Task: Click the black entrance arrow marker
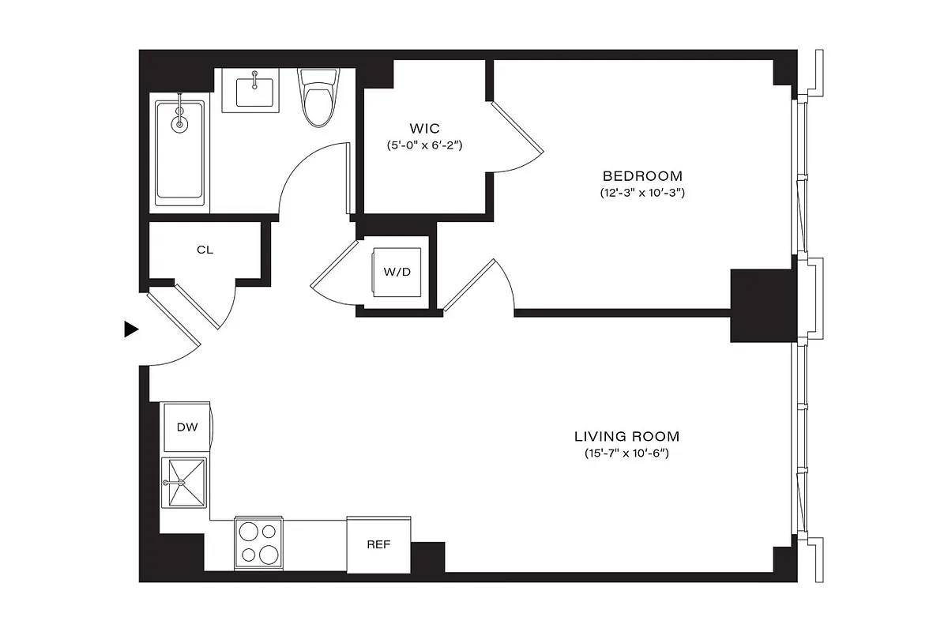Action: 131,329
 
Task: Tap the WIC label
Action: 424,128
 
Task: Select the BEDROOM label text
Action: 641,175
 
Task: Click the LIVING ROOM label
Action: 626,436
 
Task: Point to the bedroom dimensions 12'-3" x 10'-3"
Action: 641,193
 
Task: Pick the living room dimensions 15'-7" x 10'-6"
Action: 626,453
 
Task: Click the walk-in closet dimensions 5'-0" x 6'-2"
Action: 424,145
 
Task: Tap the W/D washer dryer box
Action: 397,273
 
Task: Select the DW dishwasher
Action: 186,427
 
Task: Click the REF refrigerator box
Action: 378,544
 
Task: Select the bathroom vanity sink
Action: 254,91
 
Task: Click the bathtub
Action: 179,152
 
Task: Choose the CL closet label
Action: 205,250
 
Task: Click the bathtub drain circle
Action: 180,124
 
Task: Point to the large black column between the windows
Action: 761,305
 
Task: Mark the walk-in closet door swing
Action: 517,142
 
